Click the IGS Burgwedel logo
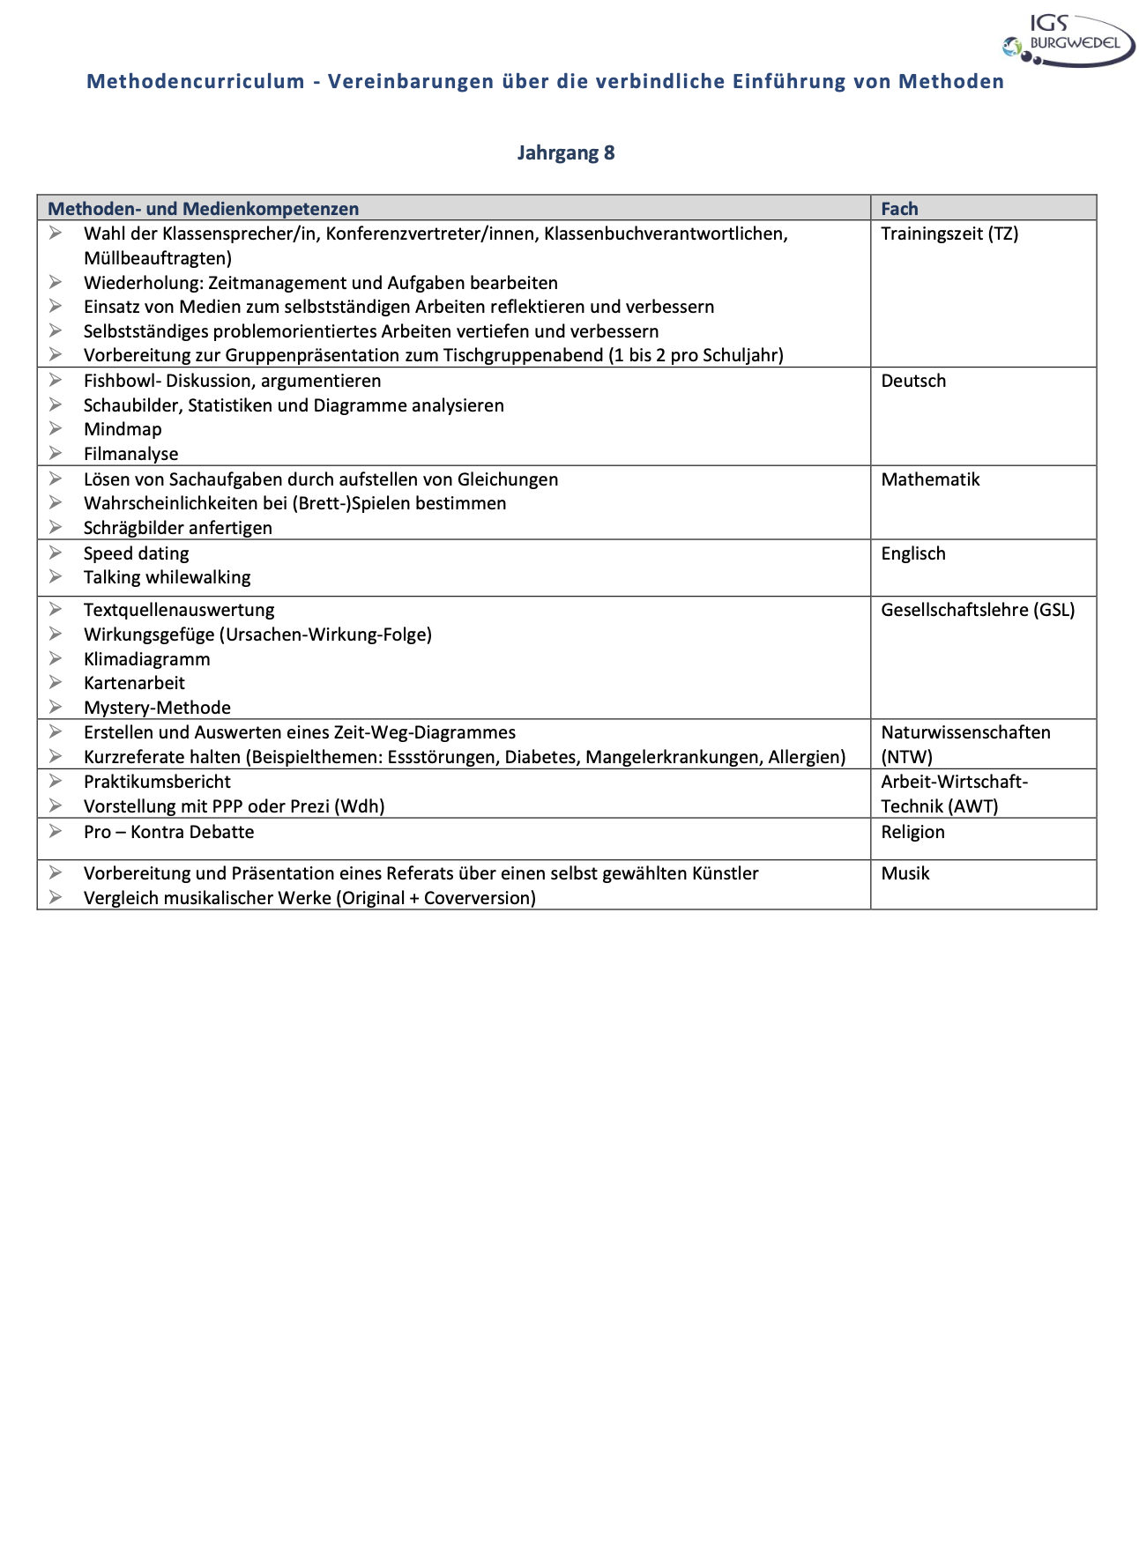click(1068, 41)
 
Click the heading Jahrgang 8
click(566, 152)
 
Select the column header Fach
click(899, 209)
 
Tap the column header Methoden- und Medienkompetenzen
click(203, 209)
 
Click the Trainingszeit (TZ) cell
click(949, 234)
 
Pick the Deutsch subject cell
click(913, 381)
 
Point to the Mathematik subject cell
click(930, 479)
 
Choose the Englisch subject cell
click(913, 553)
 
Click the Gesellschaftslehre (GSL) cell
click(978, 610)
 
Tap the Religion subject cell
click(912, 832)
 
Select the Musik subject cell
click(905, 873)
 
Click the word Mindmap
click(123, 429)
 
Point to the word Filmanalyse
click(130, 454)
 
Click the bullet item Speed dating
click(136, 553)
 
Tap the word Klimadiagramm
click(146, 659)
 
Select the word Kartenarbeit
click(134, 683)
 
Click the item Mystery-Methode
click(157, 708)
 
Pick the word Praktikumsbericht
click(157, 782)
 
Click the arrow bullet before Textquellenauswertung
click(56, 609)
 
